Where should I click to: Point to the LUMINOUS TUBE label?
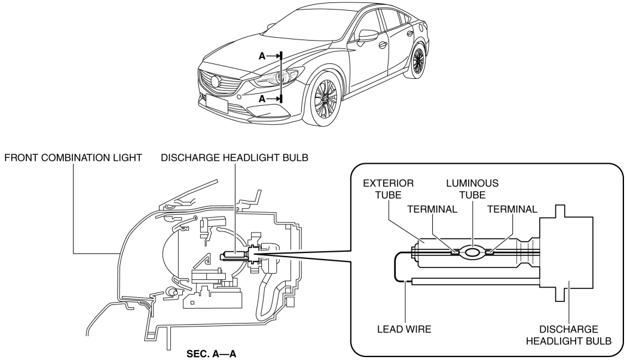click(x=473, y=187)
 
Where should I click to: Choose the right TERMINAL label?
click(x=513, y=209)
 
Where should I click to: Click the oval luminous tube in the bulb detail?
click(x=473, y=253)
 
